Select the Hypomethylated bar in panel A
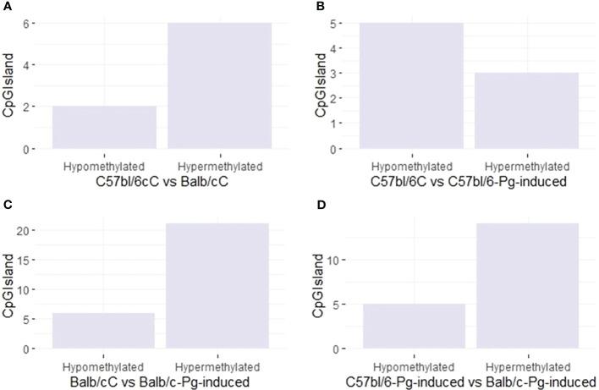(x=103, y=128)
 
